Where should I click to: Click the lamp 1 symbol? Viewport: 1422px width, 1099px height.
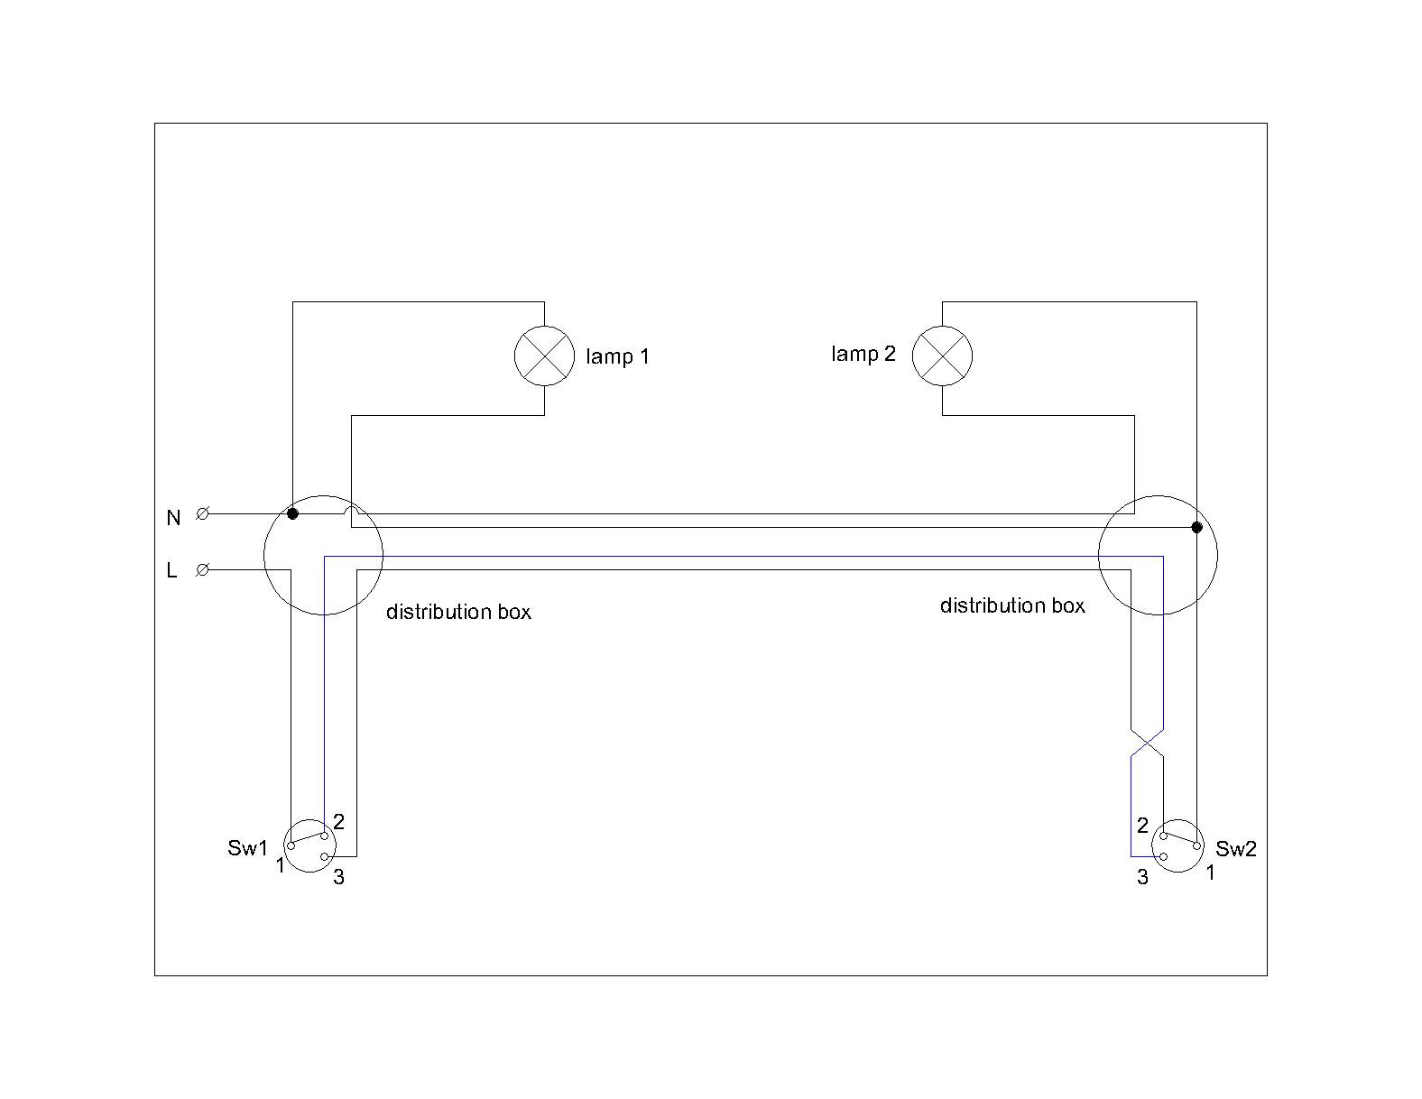(x=544, y=356)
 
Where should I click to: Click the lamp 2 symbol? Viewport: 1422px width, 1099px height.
(x=942, y=356)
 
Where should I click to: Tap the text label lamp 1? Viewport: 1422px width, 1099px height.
(x=617, y=356)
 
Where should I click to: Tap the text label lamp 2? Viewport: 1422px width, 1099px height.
(x=863, y=354)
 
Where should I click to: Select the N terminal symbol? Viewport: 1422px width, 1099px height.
(x=203, y=513)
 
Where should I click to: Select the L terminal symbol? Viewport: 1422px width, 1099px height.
(x=203, y=569)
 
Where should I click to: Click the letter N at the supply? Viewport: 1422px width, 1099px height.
(x=173, y=518)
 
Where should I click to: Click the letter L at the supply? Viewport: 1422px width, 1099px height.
(x=171, y=571)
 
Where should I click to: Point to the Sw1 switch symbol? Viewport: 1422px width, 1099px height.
(x=309, y=845)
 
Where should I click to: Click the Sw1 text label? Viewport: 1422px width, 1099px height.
(x=247, y=848)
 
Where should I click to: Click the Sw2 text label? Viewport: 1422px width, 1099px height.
(x=1235, y=849)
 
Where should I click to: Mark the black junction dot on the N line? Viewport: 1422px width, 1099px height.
(x=292, y=513)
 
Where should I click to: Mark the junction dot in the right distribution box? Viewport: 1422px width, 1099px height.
(x=1196, y=527)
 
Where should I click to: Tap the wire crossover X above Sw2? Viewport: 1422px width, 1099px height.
(x=1147, y=743)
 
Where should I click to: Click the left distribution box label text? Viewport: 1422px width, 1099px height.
(x=458, y=612)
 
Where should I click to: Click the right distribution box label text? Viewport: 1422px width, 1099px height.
(x=1012, y=605)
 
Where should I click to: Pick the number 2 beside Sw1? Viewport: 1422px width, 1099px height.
(x=338, y=822)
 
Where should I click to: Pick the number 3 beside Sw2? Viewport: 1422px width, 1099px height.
(x=1142, y=877)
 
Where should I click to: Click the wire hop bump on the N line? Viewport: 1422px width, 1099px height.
(x=351, y=512)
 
